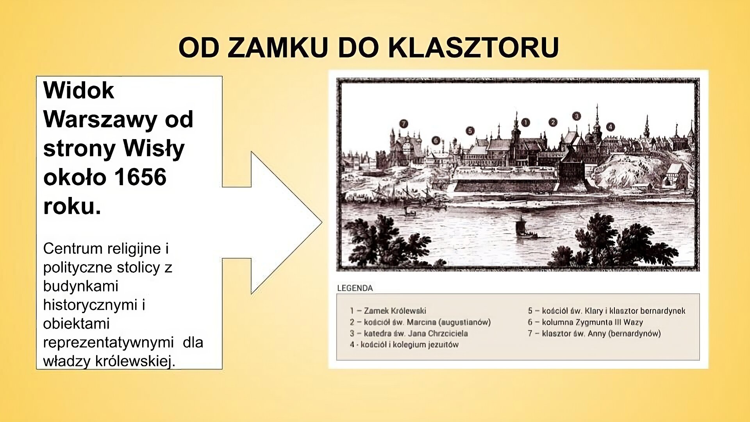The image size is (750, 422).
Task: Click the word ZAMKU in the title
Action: [x=277, y=48]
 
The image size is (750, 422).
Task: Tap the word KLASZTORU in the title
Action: [x=473, y=48]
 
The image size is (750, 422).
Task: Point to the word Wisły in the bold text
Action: [x=154, y=148]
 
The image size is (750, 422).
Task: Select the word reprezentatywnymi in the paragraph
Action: [x=108, y=342]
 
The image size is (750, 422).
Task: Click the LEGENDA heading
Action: [x=355, y=288]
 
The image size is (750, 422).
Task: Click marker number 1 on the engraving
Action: [x=525, y=123]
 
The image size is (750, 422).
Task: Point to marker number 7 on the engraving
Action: [x=404, y=124]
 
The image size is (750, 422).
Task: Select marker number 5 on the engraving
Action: [x=470, y=131]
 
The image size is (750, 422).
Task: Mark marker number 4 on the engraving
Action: [x=610, y=127]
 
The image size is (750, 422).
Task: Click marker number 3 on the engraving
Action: [x=576, y=116]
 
